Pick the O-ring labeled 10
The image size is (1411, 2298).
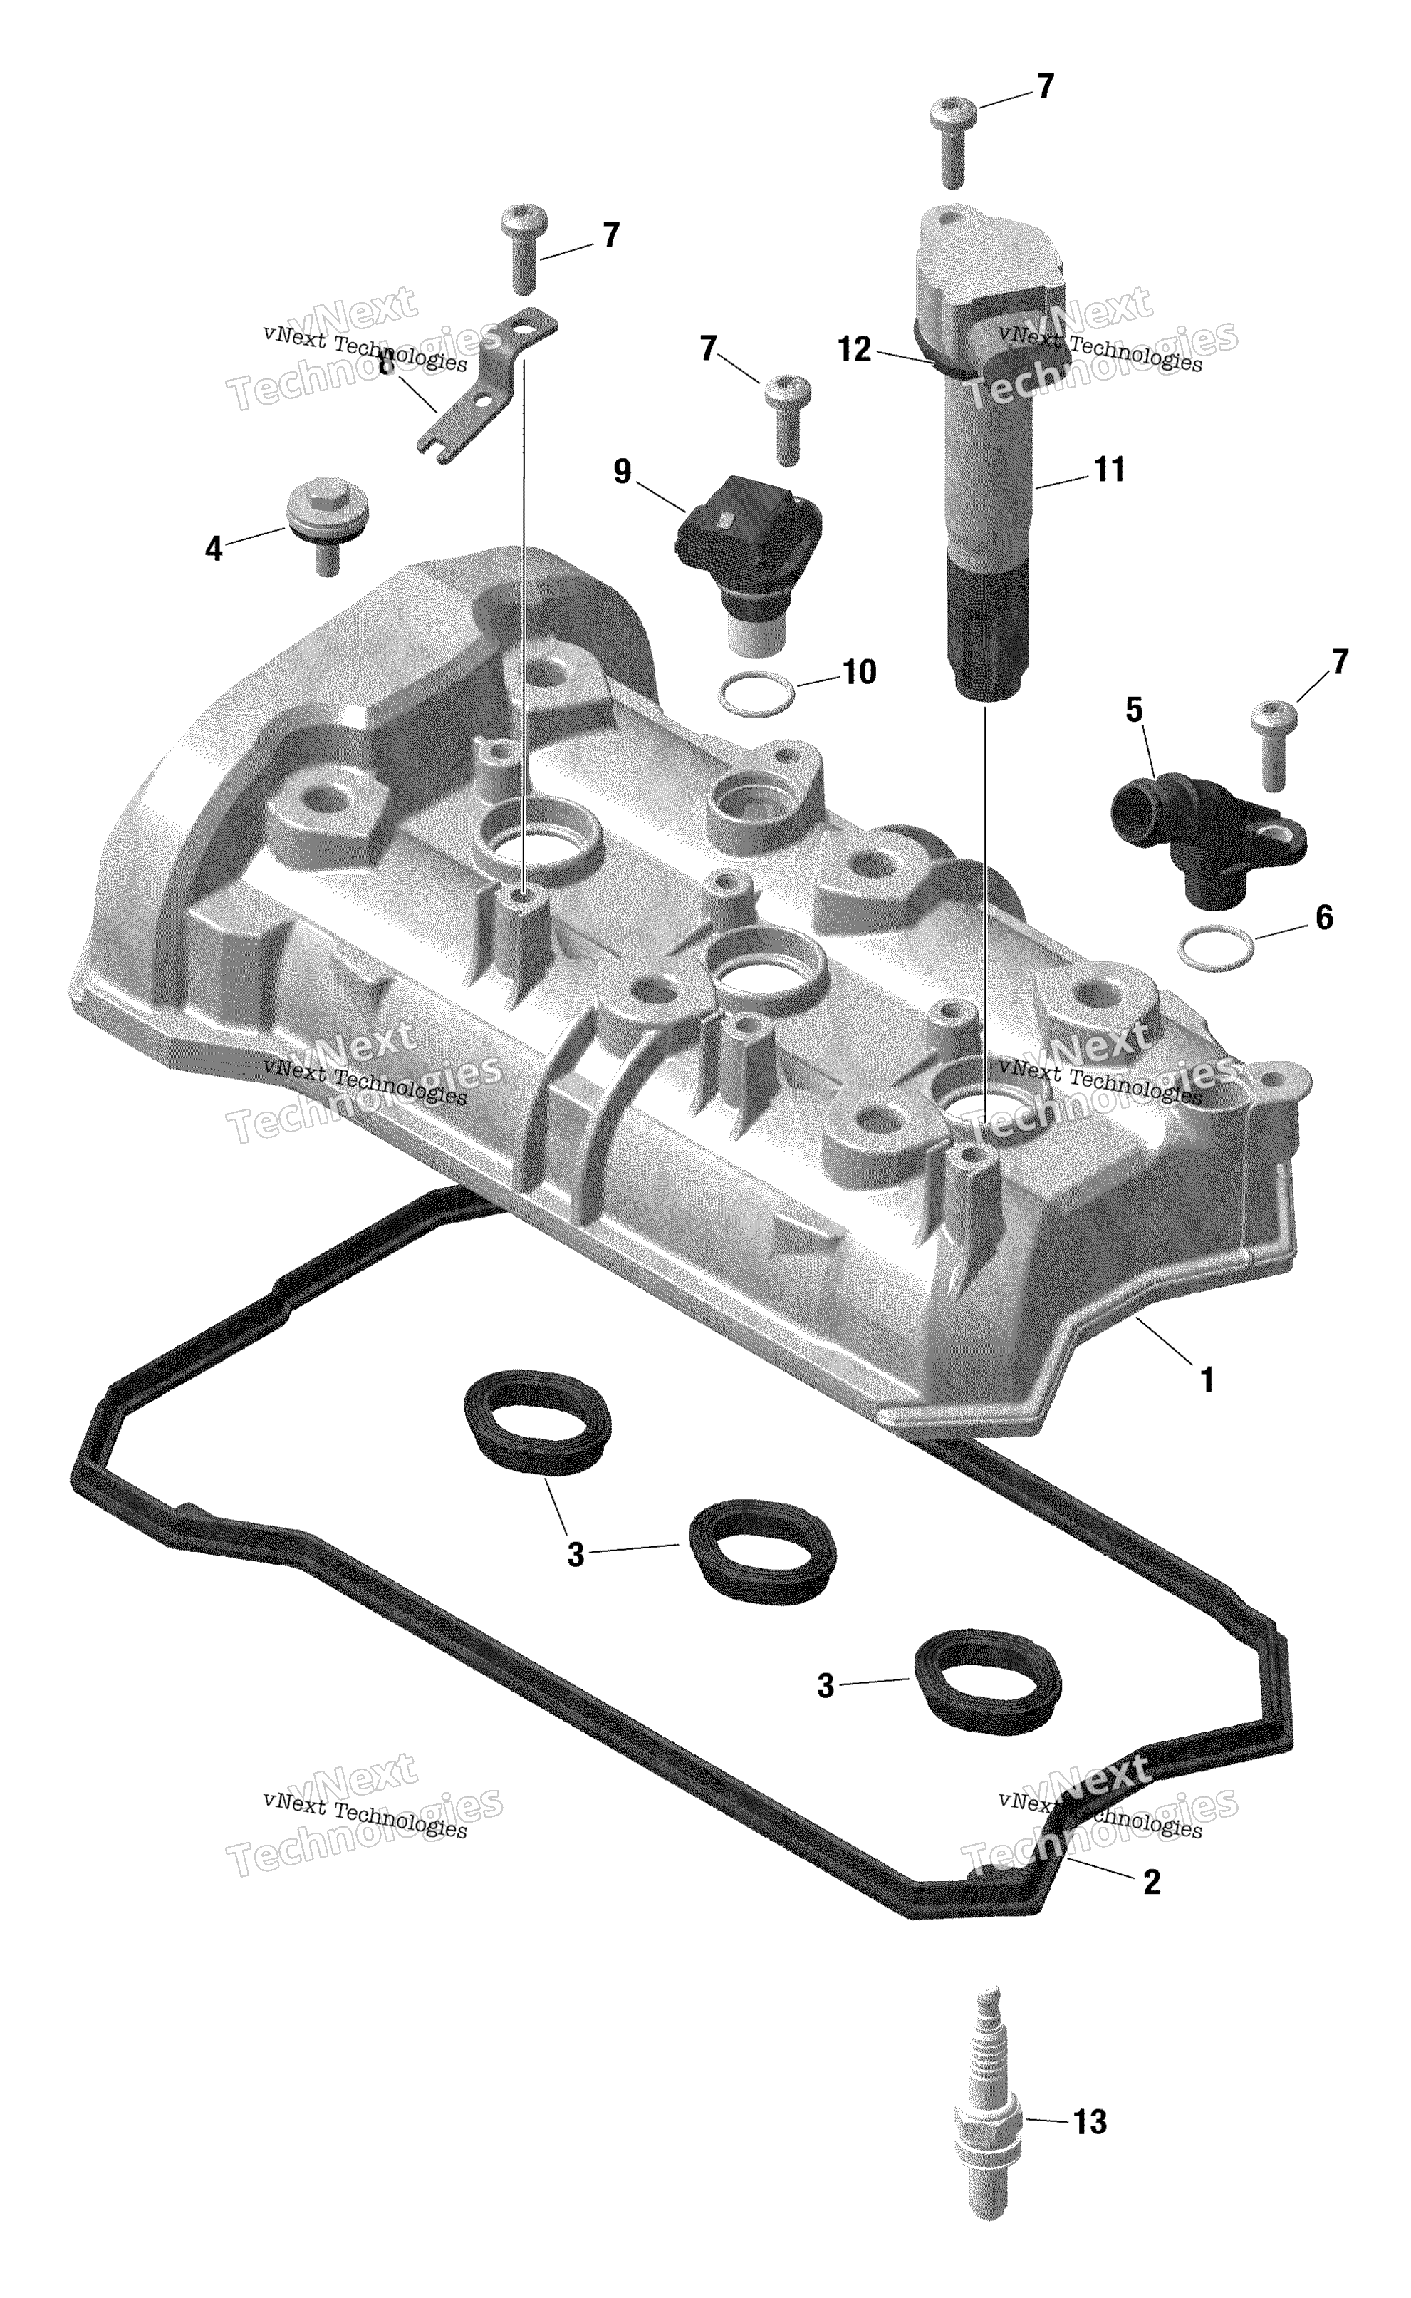point(756,695)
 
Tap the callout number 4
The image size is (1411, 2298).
point(214,549)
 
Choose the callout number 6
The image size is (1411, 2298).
point(1323,918)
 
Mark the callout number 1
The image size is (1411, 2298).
point(1207,1379)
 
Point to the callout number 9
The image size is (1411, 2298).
point(623,472)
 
